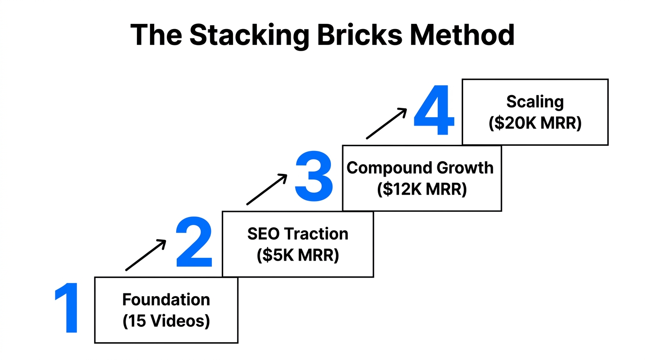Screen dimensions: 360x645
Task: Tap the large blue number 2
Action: [x=194, y=243]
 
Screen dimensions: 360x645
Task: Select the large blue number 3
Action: [x=314, y=177]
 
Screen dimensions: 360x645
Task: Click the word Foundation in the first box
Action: [x=166, y=300]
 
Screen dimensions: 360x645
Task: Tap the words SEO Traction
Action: [x=298, y=233]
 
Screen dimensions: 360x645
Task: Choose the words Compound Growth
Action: [x=420, y=168]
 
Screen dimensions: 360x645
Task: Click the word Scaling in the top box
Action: [x=535, y=102]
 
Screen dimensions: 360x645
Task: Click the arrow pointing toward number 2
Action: [x=146, y=255]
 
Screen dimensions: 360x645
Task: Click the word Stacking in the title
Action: [x=250, y=36]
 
